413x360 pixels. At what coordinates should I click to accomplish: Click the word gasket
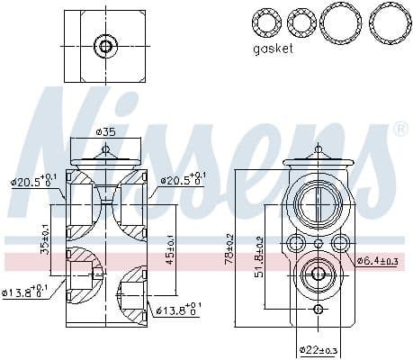pyautogui.click(x=273, y=49)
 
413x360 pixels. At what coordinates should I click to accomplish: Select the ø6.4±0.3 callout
pyautogui.click(x=376, y=261)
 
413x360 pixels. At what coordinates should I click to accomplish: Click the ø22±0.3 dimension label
pyautogui.click(x=319, y=348)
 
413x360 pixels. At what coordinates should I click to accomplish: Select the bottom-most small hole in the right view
pyautogui.click(x=318, y=310)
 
